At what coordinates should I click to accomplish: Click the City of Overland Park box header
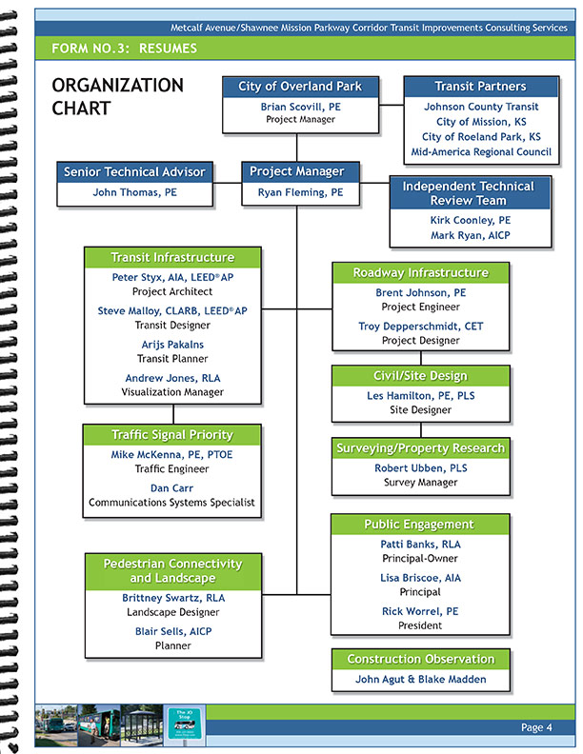300,87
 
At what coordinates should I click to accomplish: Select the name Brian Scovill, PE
300,108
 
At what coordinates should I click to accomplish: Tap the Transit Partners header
480,87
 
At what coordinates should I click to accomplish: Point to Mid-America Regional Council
480,152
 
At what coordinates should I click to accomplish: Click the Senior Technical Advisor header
134,172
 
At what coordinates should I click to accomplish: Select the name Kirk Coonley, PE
471,220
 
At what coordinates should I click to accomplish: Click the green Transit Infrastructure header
172,257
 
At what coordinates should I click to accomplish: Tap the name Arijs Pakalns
172,345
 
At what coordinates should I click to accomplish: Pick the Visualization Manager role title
172,392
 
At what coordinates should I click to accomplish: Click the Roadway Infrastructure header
419,273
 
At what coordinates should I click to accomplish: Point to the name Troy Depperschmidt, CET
419,327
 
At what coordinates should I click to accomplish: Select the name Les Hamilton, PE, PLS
419,396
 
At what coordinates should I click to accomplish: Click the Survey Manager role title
419,483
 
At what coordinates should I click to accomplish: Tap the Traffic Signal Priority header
172,435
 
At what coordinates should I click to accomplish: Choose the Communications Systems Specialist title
172,503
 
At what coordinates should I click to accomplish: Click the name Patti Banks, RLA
419,545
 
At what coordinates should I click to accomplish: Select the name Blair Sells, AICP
172,631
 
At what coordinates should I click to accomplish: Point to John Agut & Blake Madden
419,680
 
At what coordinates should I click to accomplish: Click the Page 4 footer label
536,728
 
